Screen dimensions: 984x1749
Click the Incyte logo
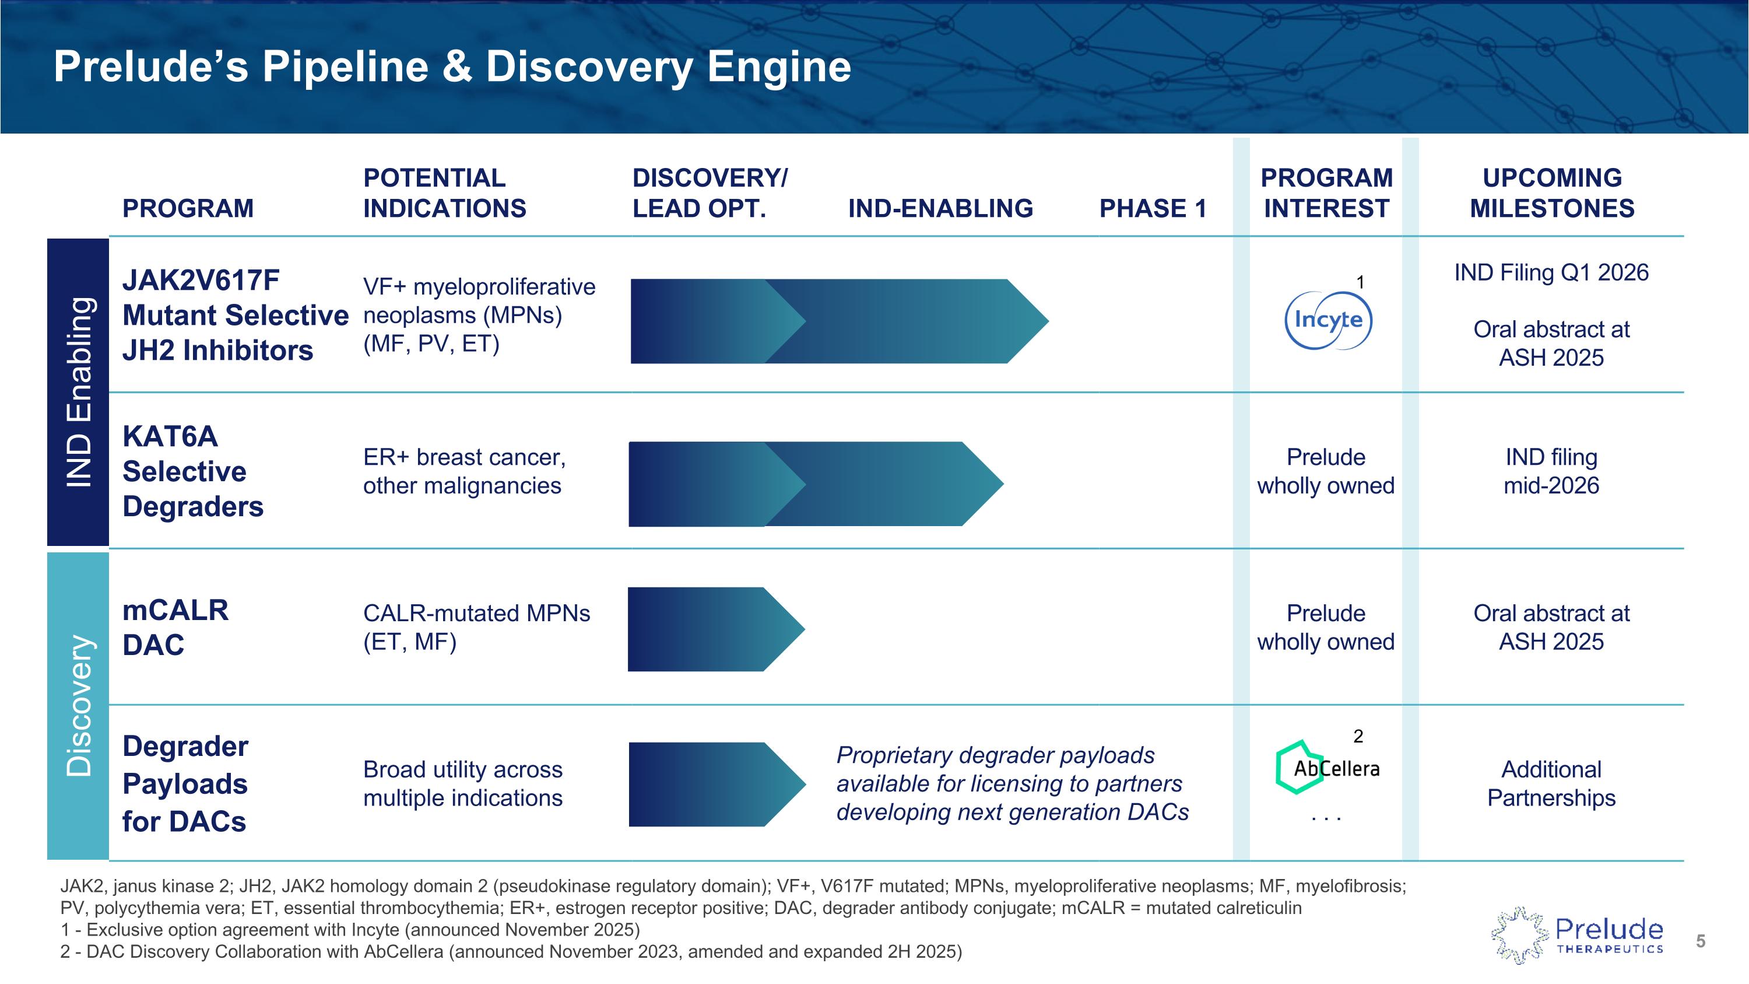coord(1328,320)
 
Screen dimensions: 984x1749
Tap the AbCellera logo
coord(1327,768)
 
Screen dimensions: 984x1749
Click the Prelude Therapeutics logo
coord(1578,936)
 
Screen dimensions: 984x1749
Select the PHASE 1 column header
coord(1153,208)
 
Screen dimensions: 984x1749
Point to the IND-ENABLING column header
coord(940,208)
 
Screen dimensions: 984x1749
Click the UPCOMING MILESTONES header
coord(1551,193)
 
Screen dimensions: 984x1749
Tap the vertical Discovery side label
coord(78,706)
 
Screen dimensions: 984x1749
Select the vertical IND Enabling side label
coord(78,392)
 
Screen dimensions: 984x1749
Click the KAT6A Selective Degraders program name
coord(193,471)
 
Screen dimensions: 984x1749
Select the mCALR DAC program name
coord(175,628)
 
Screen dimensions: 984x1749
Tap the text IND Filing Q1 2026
coord(1551,273)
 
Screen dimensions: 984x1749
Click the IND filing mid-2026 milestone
coord(1551,471)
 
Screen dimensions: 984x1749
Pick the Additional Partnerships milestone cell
coord(1551,784)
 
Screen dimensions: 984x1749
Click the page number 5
coord(1700,941)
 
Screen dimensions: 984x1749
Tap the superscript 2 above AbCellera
coord(1358,736)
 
